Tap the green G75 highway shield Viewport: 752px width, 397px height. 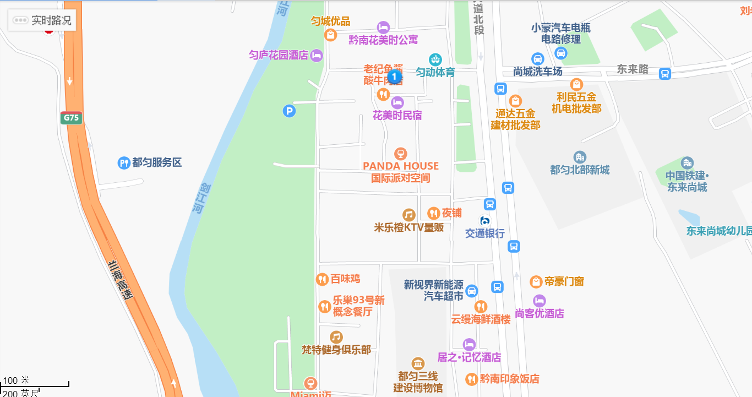(72, 118)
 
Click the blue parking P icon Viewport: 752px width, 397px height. (289, 111)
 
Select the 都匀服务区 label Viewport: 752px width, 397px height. (157, 162)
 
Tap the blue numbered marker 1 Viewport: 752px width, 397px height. (394, 77)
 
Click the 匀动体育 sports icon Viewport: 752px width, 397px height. (435, 59)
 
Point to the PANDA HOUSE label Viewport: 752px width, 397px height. (401, 166)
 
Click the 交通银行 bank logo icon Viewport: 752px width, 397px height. (485, 221)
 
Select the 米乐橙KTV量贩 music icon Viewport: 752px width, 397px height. (408, 215)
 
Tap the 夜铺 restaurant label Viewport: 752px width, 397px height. (451, 213)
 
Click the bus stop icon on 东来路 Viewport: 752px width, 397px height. (665, 74)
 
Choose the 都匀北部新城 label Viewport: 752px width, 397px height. (580, 170)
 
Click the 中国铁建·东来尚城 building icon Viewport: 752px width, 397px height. (686, 163)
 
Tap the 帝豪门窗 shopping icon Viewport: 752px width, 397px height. (536, 282)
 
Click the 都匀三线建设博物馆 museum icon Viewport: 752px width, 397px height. (418, 364)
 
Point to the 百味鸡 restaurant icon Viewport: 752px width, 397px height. (322, 279)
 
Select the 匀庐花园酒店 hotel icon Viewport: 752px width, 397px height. (317, 55)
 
